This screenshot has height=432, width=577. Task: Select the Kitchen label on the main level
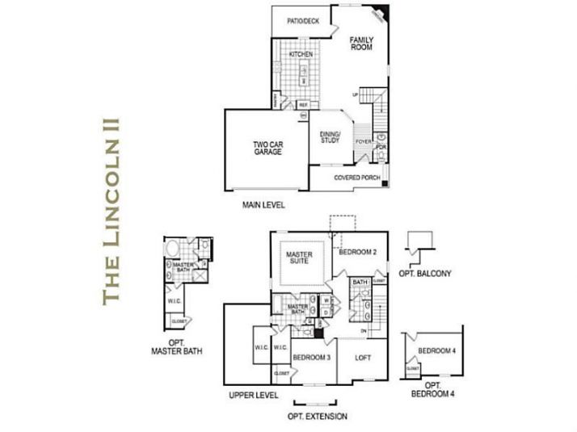[301, 54]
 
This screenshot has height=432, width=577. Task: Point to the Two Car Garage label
[267, 148]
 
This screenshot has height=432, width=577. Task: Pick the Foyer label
[363, 142]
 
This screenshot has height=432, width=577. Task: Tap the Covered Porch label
[357, 178]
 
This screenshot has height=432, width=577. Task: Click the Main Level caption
[263, 205]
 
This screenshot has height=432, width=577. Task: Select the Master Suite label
[299, 258]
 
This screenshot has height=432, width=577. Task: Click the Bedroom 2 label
[357, 253]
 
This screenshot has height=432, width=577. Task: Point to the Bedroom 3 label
[311, 357]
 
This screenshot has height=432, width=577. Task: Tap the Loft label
[363, 357]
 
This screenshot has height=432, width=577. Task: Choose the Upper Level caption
[253, 396]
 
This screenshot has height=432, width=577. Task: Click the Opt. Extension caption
[317, 417]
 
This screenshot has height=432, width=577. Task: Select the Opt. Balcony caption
[424, 274]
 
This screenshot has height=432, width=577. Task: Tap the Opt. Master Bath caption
[176, 346]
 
